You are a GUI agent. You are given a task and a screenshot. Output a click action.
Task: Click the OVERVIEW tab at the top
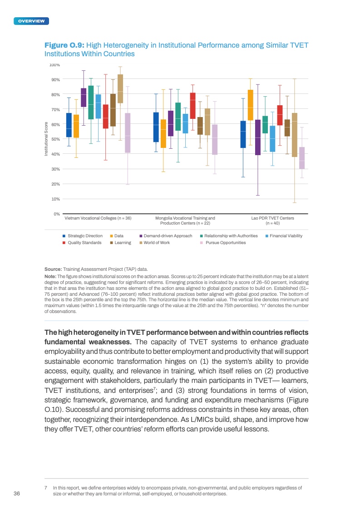[x=31, y=21]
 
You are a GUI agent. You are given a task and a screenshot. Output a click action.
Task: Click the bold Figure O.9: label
[x=64, y=45]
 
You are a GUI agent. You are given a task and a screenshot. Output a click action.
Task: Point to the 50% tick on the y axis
[x=56, y=139]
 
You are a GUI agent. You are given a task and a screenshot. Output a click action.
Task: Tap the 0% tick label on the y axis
[x=57, y=214]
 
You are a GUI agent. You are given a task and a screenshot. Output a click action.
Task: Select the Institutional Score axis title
[x=45, y=139]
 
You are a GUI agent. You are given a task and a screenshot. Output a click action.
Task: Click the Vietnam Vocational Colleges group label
[x=98, y=218]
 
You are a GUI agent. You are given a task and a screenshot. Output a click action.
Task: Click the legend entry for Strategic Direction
[x=85, y=236]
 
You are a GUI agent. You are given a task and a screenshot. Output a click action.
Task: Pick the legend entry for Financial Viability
[x=286, y=236]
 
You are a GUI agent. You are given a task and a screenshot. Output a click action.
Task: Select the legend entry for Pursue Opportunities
[x=225, y=243]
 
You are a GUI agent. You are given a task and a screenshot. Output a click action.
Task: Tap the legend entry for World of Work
[x=156, y=243]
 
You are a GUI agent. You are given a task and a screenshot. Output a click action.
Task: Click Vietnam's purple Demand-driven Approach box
[x=84, y=98]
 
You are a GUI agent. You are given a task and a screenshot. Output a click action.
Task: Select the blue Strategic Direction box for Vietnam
[x=69, y=125]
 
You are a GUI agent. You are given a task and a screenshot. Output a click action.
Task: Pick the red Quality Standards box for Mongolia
[x=192, y=105]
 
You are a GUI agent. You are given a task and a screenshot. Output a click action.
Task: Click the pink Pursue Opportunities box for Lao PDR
[x=302, y=158]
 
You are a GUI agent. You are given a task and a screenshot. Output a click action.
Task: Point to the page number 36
[x=17, y=494]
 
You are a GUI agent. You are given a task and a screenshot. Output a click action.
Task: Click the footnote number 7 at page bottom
[x=46, y=488]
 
